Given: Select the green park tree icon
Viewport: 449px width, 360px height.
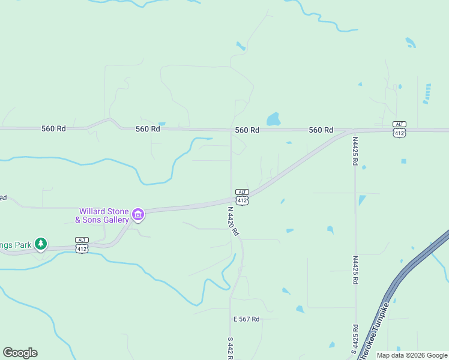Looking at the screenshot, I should [41, 244].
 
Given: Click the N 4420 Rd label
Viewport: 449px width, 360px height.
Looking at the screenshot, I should [234, 221].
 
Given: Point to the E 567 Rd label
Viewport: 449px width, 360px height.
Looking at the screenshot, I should [247, 319].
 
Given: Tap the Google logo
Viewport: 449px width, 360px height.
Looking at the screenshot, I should [20, 353].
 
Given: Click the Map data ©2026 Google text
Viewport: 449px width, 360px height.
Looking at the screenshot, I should [412, 355].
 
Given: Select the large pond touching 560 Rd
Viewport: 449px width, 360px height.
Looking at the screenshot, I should [273, 119].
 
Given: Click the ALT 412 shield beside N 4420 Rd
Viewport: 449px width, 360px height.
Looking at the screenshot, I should [242, 197].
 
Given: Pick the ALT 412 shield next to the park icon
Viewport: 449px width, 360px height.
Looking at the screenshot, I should [82, 245].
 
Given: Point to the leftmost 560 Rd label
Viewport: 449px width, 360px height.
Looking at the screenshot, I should [53, 128].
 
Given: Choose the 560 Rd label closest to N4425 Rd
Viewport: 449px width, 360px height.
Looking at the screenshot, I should [321, 130].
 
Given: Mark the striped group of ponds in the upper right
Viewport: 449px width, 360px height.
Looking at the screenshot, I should [427, 93].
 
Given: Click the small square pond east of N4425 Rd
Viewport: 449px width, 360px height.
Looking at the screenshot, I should [403, 161].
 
